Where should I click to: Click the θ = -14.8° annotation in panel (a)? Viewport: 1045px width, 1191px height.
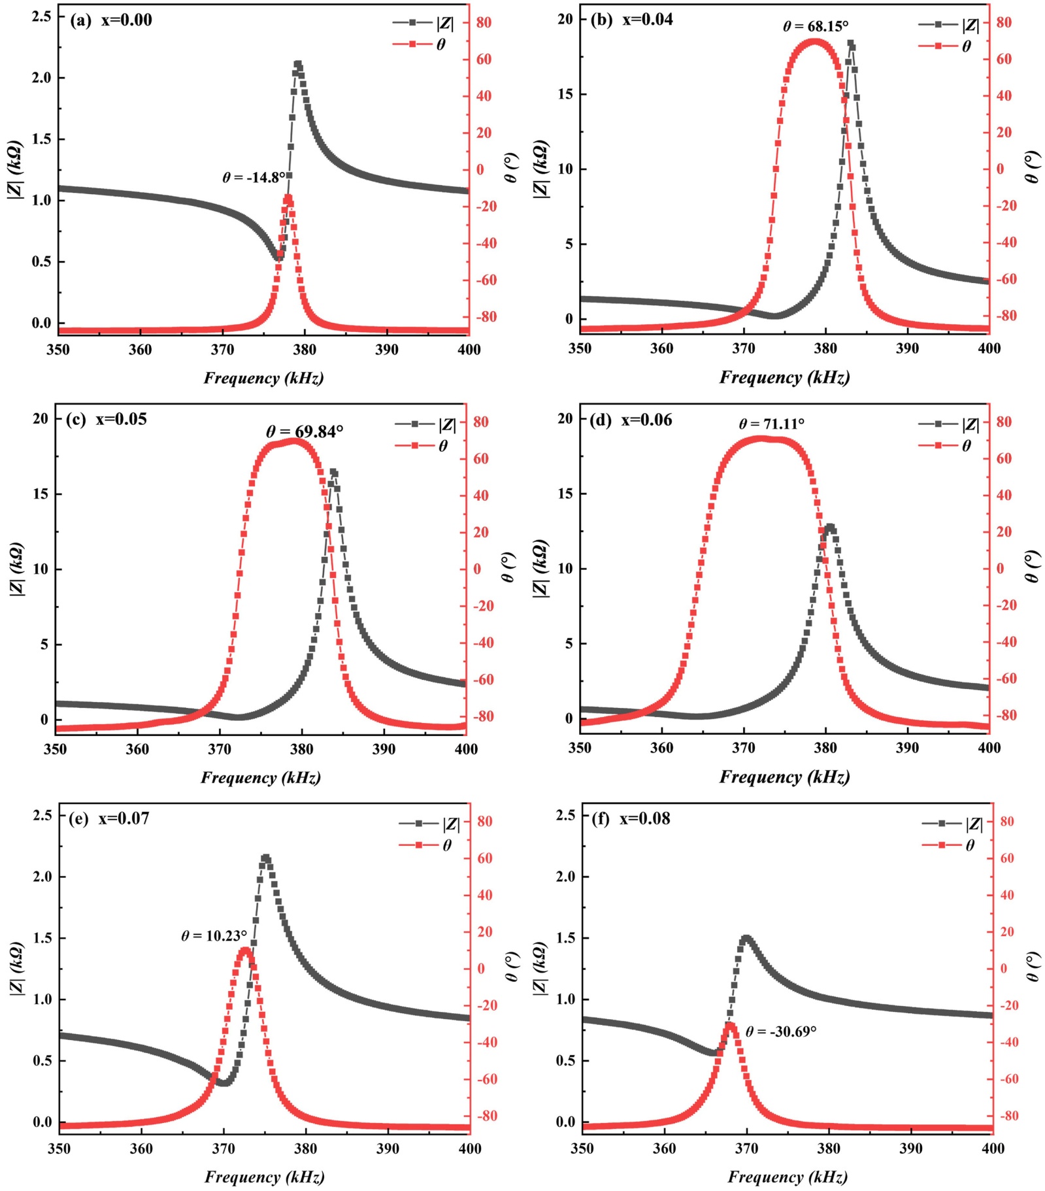254,177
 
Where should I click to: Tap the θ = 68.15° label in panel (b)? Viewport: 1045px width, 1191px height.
815,27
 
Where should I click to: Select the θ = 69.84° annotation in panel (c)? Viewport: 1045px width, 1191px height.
305,431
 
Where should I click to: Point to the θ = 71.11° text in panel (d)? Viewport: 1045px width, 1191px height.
771,424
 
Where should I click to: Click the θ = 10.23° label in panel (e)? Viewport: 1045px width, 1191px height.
214,936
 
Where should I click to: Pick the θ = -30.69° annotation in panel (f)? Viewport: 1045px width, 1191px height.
781,1032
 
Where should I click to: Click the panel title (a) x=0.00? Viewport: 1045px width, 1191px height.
111,20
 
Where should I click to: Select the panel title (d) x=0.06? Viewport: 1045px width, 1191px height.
631,420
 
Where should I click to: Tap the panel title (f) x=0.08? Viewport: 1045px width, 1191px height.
631,818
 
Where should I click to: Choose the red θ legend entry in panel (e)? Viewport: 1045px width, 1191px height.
426,845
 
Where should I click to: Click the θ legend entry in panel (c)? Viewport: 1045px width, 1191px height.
422,446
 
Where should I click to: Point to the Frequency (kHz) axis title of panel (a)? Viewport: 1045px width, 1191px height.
263,378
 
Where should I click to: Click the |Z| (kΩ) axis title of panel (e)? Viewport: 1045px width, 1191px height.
18,969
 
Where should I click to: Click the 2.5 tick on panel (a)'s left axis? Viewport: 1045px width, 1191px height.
42,16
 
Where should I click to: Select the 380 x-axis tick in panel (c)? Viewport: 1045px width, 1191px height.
302,749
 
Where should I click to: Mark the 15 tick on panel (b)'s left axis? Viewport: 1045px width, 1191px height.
565,94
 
